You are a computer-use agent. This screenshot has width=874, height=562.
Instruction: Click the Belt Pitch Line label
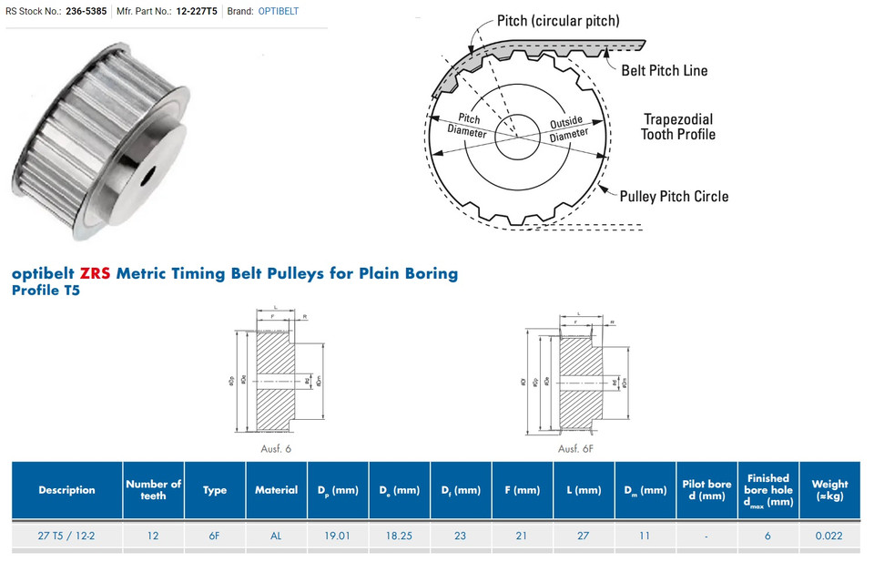[664, 70]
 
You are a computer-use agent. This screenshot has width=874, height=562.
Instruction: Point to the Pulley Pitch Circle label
[674, 196]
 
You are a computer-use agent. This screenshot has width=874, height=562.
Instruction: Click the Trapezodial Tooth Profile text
[678, 127]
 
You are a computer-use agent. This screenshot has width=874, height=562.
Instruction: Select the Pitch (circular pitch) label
[557, 20]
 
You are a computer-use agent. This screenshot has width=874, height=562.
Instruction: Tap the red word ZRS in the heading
[95, 273]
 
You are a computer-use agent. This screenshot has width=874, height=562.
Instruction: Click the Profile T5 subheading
[46, 291]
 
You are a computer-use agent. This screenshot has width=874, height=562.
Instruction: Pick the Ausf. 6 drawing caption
[276, 448]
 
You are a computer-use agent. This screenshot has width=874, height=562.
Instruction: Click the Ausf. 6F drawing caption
[575, 448]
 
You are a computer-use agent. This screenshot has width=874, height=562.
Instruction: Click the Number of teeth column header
[153, 490]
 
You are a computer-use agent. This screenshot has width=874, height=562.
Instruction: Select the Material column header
[276, 490]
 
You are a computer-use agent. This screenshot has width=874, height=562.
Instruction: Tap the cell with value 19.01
[337, 536]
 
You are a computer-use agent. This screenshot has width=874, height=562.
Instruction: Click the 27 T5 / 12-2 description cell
[66, 536]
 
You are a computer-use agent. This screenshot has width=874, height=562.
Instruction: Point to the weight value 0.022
[828, 536]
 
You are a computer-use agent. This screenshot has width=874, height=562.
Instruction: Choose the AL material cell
[276, 536]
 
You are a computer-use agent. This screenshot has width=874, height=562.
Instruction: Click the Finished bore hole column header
[767, 490]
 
